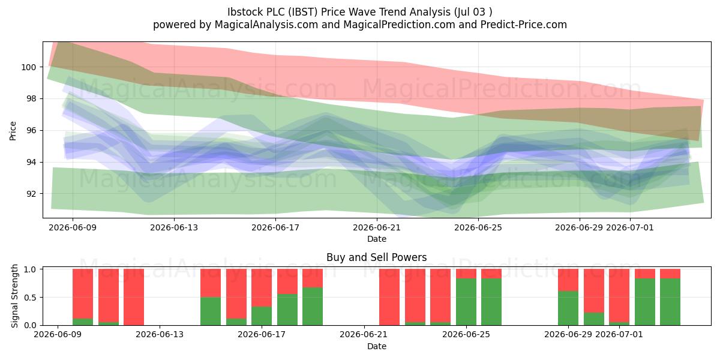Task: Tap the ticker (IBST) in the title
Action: [x=302, y=12]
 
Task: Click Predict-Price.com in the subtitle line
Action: [x=524, y=25]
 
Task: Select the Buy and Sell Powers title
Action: [x=376, y=257]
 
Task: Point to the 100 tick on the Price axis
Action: [x=29, y=67]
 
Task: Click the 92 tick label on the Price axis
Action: [x=31, y=194]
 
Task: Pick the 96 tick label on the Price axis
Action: [x=31, y=131]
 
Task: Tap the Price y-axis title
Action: [x=13, y=131]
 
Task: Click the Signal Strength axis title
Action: [x=14, y=296]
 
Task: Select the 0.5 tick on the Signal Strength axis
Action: [x=30, y=298]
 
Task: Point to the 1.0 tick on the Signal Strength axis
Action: [x=30, y=269]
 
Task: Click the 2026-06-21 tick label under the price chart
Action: [x=377, y=227]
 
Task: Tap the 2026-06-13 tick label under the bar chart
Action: [x=160, y=334]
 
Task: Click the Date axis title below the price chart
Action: [x=377, y=239]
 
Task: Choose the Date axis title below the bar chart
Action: [x=377, y=346]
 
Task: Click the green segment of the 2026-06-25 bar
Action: [x=466, y=302]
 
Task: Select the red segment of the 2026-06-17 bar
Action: [x=262, y=287]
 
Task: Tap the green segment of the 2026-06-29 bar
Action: [x=568, y=308]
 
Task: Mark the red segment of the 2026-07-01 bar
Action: [x=619, y=295]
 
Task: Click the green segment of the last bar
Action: [x=670, y=302]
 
